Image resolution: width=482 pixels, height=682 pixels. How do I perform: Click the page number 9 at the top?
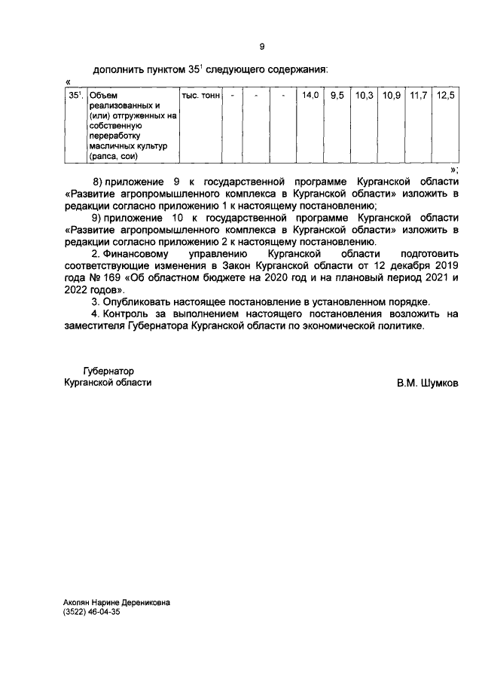[x=261, y=47]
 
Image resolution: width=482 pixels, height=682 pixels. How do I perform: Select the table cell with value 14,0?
[x=310, y=96]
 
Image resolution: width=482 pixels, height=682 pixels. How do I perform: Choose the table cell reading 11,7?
[x=418, y=96]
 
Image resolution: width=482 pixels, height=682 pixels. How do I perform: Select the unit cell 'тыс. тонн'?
[x=200, y=96]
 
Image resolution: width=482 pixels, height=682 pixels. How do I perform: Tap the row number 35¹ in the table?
[x=75, y=96]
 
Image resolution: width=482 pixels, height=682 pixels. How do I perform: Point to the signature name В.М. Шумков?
[x=427, y=382]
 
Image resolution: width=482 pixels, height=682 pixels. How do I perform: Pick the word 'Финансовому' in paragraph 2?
[x=139, y=254]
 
